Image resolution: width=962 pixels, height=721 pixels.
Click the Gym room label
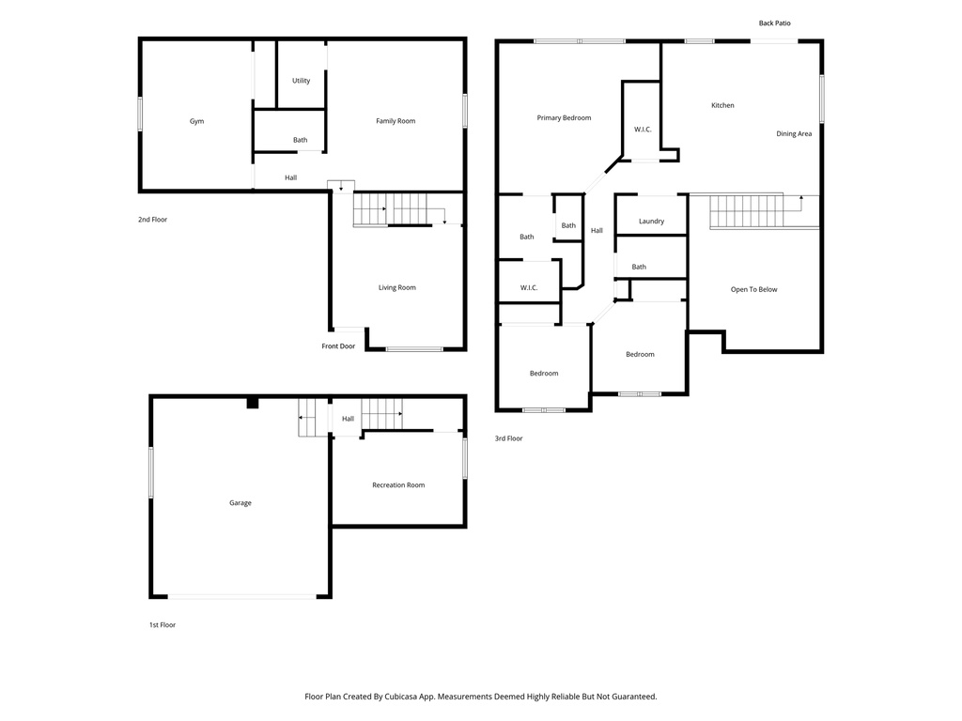coord(196,121)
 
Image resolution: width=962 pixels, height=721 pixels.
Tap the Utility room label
coord(301,81)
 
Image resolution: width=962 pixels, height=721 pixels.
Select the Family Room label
coord(396,121)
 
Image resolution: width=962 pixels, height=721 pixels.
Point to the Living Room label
coord(396,287)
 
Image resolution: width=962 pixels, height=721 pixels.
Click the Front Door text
coord(338,346)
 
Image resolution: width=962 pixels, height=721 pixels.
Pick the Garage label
coord(240,503)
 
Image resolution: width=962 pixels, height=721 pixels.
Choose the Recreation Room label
coord(398,485)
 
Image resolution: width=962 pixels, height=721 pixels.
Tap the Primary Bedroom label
coord(564,118)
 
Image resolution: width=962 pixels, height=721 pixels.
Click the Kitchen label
coord(722,105)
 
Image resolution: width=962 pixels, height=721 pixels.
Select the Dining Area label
coord(794,134)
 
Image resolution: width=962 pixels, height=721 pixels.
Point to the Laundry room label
coord(651,222)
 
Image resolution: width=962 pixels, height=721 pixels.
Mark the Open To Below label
coord(753,289)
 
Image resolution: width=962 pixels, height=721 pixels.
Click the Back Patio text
coord(782,23)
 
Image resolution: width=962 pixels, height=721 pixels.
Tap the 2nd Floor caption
coord(152,220)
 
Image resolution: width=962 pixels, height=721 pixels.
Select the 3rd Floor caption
coord(508,438)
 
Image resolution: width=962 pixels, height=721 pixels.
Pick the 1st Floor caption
coord(162,624)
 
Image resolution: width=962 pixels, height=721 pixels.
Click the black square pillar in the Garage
coord(252,403)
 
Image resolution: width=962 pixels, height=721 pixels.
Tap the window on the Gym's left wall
coord(140,114)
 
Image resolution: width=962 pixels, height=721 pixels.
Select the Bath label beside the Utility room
coord(300,140)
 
